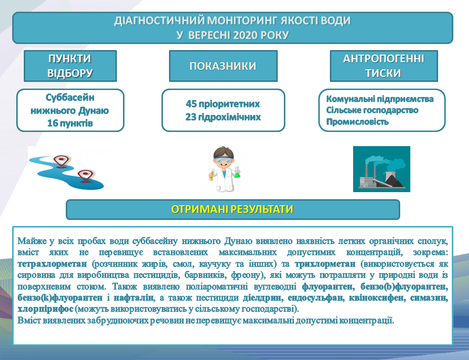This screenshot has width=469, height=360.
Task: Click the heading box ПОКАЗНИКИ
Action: point(223,66)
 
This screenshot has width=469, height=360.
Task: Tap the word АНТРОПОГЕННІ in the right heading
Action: point(383,59)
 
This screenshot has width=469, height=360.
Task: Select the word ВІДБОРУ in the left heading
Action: point(70,73)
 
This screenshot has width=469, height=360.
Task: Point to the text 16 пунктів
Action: point(70,123)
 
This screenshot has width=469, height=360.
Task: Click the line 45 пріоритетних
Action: point(223,104)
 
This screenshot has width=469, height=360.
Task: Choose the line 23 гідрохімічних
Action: point(223,117)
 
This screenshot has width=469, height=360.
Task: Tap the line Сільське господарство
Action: point(372,110)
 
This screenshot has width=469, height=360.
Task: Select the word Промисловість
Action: point(357,122)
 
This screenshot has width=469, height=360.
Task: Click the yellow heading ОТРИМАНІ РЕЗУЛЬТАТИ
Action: point(232,209)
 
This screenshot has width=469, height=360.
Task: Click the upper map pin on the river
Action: point(61,161)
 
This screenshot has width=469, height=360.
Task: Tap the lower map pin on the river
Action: point(84,176)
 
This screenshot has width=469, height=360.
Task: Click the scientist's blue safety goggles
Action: point(224,160)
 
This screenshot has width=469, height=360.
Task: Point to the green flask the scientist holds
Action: point(237,172)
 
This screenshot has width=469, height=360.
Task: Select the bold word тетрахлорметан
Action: point(52,264)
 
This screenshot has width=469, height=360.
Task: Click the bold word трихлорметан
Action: point(325,264)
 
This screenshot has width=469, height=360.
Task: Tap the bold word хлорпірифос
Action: point(46,309)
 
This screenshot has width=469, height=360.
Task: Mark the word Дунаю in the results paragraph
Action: point(239,241)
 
